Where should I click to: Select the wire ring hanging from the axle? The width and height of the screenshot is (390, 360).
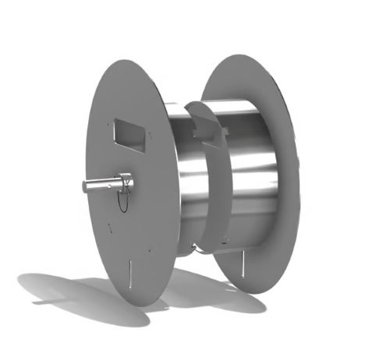122,199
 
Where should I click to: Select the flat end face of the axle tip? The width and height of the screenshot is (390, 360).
83,185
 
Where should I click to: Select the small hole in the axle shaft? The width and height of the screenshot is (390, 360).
116,182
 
